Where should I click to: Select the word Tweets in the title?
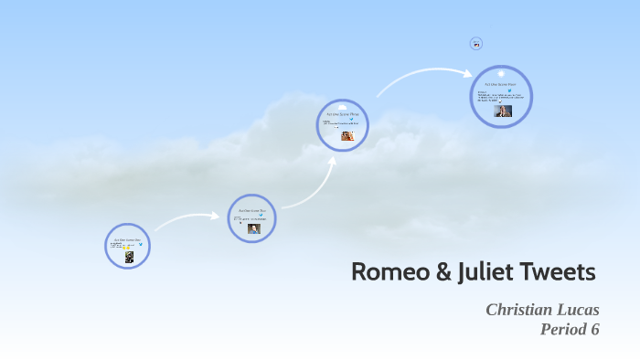tap(559, 271)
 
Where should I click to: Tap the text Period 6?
tap(570, 330)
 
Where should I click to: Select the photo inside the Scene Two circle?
tap(253, 228)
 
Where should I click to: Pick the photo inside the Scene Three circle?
tap(347, 135)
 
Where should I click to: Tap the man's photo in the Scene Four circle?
tap(503, 111)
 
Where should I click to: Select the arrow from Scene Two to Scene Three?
tap(305, 186)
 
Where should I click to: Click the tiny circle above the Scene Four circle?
tap(475, 43)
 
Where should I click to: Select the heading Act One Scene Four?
tap(501, 82)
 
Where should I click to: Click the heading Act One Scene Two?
tap(251, 210)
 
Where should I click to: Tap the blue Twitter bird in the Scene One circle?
tap(138, 242)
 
